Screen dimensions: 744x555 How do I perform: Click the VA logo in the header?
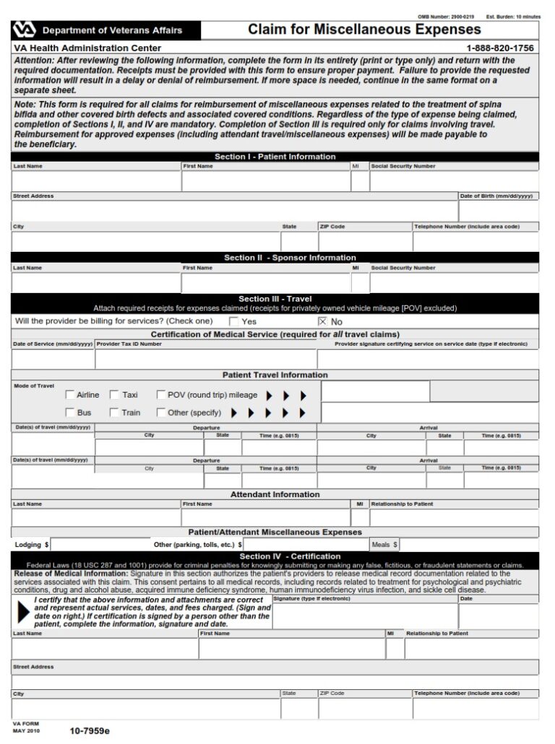23,30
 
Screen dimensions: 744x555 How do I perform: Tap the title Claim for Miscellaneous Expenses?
364,30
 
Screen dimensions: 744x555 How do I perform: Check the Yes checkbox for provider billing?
233,321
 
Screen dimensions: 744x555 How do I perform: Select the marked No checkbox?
322,321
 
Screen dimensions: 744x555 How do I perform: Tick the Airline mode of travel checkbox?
70,395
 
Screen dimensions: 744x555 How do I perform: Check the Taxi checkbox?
114,395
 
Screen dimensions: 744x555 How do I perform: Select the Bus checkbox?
70,413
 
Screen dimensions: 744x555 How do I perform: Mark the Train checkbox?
114,413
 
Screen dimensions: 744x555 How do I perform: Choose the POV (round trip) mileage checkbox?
160,395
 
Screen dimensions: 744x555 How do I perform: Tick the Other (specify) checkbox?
160,413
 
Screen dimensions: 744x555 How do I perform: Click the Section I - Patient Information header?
275,157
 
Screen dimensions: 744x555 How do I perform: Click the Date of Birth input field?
498,211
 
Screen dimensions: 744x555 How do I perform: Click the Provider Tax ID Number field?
205,359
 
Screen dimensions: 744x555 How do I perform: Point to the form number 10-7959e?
90,731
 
